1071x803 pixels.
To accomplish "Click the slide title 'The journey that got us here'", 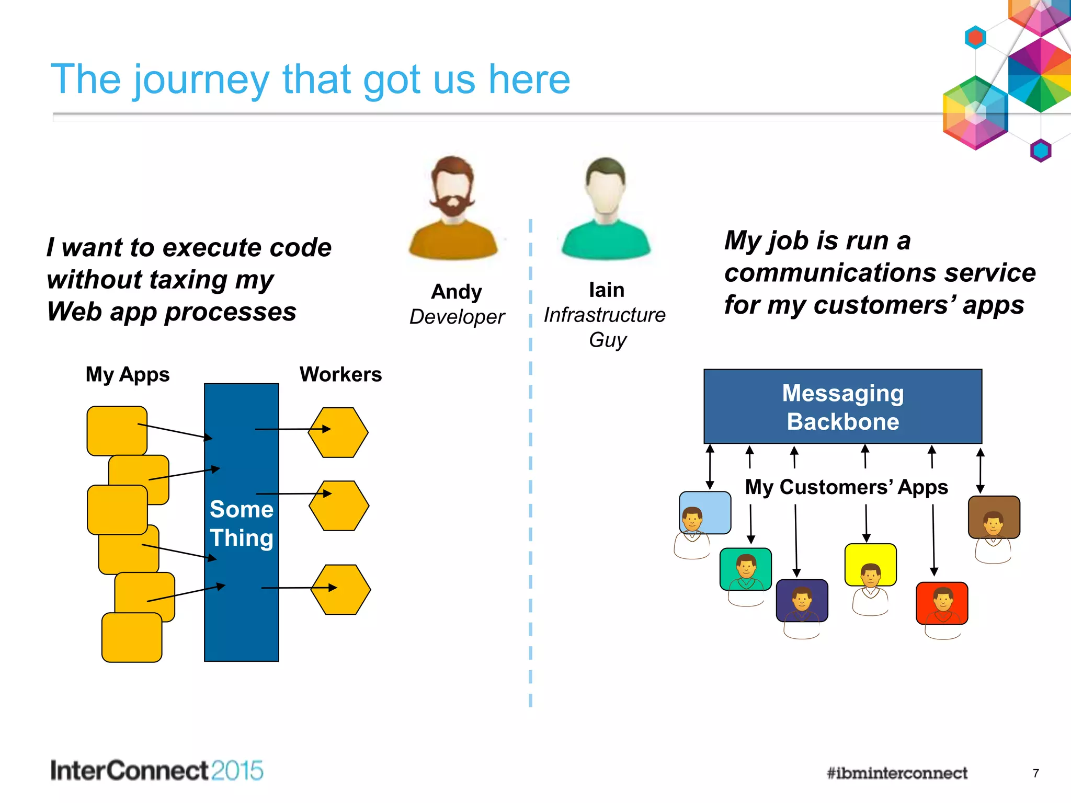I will (310, 79).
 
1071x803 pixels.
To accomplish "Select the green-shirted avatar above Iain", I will (606, 209).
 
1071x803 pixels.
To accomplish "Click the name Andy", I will (456, 292).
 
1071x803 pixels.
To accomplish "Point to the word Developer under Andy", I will (457, 317).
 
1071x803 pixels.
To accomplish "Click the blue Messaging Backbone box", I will (842, 407).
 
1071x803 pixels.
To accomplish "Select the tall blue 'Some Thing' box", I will (241, 523).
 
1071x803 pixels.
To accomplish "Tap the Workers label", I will (340, 374).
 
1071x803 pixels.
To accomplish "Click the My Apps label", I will (128, 374).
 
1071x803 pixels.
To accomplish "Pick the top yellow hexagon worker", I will (338, 432).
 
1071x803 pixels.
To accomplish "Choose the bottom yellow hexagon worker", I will (340, 589).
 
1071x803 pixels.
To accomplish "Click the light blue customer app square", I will (705, 512).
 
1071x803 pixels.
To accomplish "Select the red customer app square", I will (942, 603).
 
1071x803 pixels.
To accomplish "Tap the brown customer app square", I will (994, 517).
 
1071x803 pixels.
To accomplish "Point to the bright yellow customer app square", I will (870, 565).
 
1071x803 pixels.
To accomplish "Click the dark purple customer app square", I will (802, 600).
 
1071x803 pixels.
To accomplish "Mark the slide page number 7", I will (1035, 773).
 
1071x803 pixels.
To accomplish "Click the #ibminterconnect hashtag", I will (897, 773).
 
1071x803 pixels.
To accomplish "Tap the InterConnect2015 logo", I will (156, 771).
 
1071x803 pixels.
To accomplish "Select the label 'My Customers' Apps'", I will (846, 487).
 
